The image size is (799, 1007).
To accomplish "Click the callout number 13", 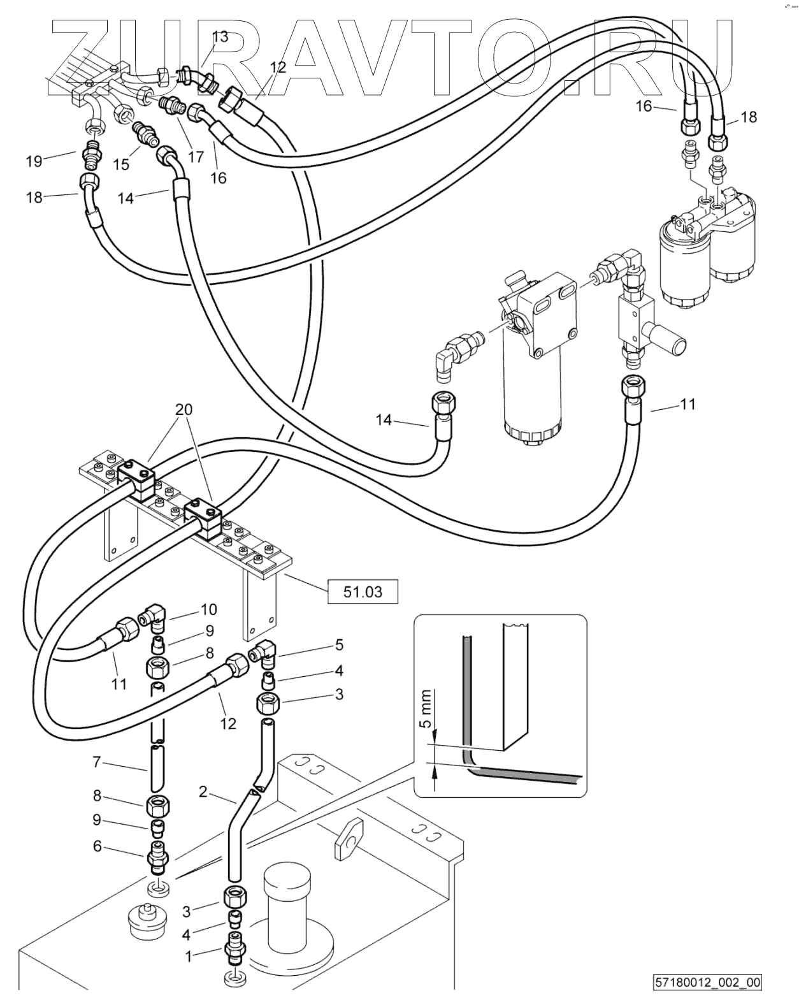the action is [x=220, y=36].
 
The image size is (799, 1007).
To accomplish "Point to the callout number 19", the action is [x=34, y=161].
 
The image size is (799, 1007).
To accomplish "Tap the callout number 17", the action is [x=196, y=156].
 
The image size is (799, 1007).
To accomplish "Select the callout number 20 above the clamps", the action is [x=184, y=409].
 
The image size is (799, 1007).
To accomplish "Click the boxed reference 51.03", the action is [x=363, y=592].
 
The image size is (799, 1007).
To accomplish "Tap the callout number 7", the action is [x=96, y=762].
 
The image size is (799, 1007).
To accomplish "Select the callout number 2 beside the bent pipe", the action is [x=203, y=792].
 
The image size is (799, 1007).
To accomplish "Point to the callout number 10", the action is [x=208, y=609].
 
